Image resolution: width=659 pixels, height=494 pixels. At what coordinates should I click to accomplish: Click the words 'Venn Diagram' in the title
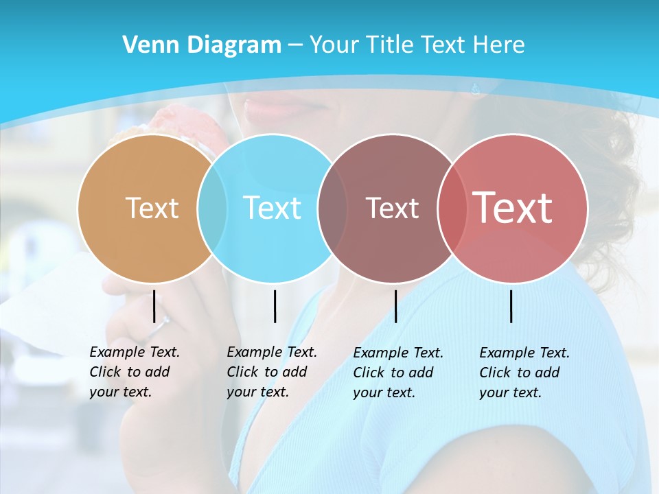202,45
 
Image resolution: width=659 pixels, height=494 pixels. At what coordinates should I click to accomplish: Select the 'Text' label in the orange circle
152,208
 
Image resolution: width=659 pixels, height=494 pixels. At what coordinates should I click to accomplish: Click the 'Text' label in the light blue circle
273,208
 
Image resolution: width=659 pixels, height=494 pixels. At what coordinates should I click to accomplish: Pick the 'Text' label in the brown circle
392,208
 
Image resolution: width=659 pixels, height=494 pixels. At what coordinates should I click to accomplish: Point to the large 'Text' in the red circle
513,207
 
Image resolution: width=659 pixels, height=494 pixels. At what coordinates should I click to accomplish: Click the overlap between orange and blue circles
212,209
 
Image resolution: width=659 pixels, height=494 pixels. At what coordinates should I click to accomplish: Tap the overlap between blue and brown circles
332,209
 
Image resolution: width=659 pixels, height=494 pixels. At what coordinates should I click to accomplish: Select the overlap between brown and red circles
452,209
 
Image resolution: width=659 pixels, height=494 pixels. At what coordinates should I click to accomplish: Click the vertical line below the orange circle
154,306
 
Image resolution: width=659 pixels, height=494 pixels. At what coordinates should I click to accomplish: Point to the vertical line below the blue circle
275,306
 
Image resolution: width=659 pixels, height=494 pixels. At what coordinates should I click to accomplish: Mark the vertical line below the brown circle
395,306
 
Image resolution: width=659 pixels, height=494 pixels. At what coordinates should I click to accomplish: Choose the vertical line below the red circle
511,306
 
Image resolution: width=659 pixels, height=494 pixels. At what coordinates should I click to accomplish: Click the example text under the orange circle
135,372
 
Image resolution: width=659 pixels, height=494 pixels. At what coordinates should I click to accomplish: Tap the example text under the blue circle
272,372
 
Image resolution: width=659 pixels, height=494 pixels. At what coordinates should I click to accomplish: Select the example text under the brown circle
398,373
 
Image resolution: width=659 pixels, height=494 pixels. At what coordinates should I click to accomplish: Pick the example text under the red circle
524,373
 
